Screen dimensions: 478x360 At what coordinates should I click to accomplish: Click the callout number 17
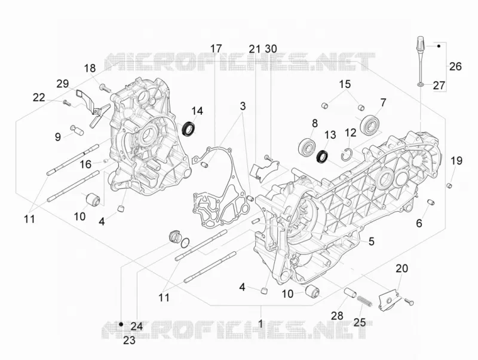(216, 49)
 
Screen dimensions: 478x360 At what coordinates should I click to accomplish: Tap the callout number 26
(455, 66)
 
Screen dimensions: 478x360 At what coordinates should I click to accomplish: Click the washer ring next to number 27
(421, 84)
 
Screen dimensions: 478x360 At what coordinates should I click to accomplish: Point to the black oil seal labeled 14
(189, 129)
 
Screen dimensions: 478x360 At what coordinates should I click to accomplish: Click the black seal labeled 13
(323, 156)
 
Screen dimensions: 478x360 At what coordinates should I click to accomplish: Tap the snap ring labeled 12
(347, 155)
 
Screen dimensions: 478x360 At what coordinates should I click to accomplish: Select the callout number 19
(456, 160)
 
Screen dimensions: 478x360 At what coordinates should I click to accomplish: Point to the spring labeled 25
(364, 301)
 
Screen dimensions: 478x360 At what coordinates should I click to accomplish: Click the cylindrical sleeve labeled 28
(350, 292)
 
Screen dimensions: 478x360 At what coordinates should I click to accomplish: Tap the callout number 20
(402, 269)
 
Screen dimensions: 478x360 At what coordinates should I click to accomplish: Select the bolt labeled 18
(105, 88)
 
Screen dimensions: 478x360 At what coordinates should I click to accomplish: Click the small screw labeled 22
(67, 103)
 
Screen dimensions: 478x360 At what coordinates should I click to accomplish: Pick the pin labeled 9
(77, 130)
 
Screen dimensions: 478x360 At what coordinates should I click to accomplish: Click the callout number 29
(63, 83)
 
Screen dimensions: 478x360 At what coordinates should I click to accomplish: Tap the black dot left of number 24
(121, 324)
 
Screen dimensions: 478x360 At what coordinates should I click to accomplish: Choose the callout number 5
(371, 242)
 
